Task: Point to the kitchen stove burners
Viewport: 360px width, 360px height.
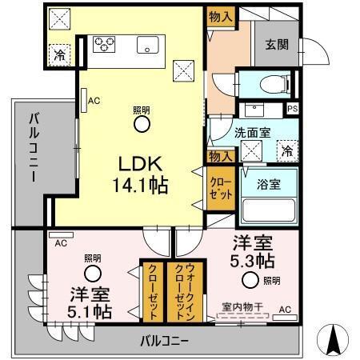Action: pos(105,44)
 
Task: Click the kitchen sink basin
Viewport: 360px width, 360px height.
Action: pos(147,46)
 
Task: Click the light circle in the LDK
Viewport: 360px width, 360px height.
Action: pos(141,124)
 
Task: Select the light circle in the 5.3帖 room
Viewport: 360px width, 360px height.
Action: pos(251,279)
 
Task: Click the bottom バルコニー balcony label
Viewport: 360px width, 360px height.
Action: pos(164,340)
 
